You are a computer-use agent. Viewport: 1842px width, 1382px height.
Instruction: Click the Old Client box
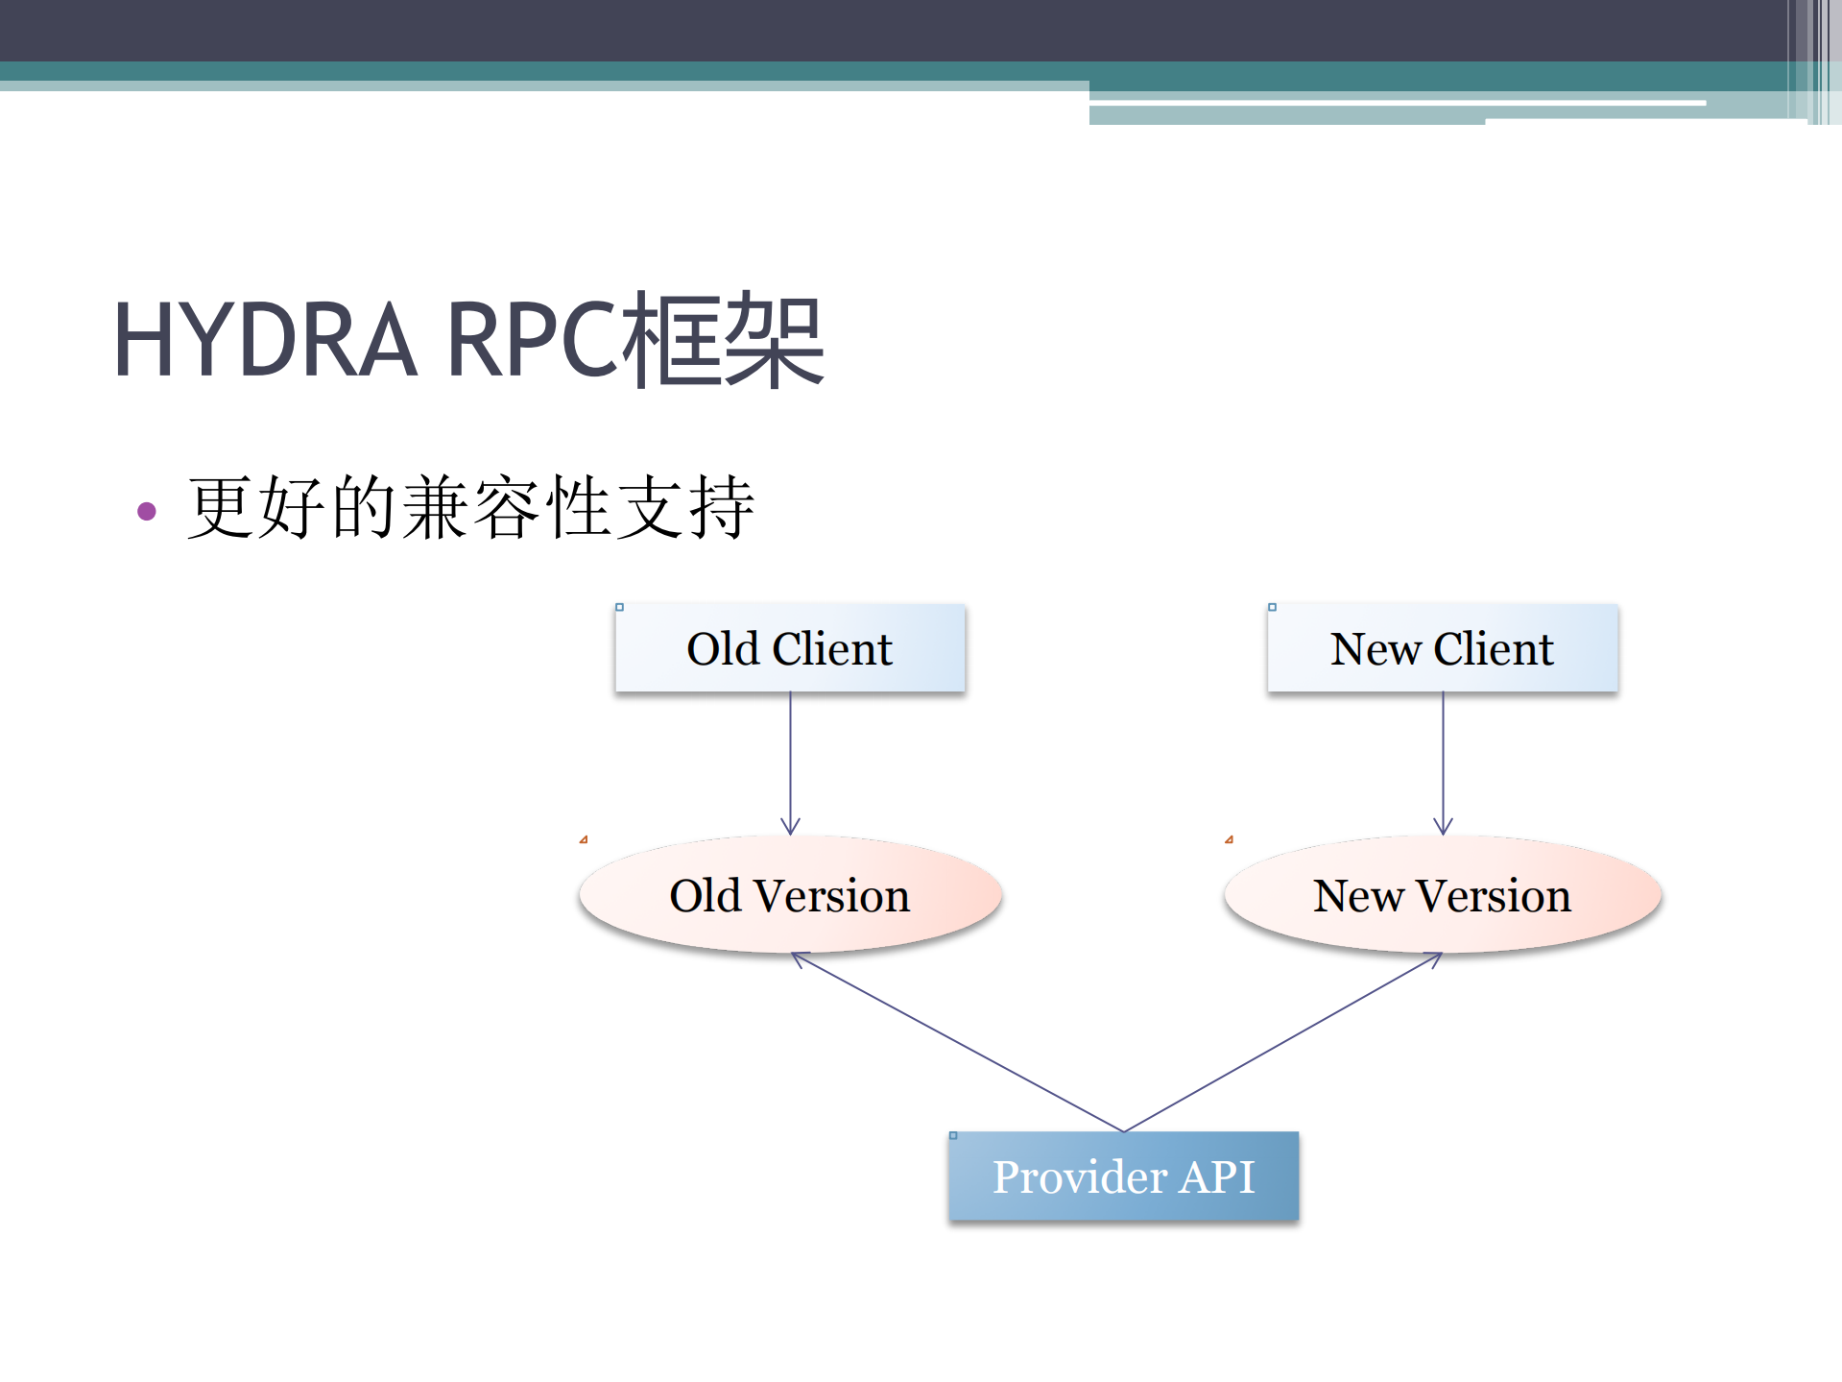[790, 648]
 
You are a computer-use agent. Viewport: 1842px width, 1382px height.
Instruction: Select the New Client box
[1442, 648]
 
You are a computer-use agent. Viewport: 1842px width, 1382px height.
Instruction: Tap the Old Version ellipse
[790, 895]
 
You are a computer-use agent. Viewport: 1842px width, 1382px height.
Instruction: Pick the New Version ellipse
[1442, 895]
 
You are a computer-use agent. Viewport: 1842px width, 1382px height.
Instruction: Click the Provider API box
[1123, 1176]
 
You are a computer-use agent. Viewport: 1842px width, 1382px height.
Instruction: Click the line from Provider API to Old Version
[956, 1042]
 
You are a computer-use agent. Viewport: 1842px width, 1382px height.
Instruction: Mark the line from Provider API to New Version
[1282, 1042]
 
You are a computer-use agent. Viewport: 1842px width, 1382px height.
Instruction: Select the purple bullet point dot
[147, 511]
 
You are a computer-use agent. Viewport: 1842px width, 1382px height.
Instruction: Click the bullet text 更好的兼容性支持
[470, 507]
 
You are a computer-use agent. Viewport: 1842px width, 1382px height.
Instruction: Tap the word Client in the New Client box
[1493, 648]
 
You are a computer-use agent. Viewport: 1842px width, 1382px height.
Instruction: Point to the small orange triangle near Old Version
[584, 839]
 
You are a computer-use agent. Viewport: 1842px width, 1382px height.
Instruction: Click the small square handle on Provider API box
[953, 1135]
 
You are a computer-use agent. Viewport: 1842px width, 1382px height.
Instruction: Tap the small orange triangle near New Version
[1229, 839]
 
